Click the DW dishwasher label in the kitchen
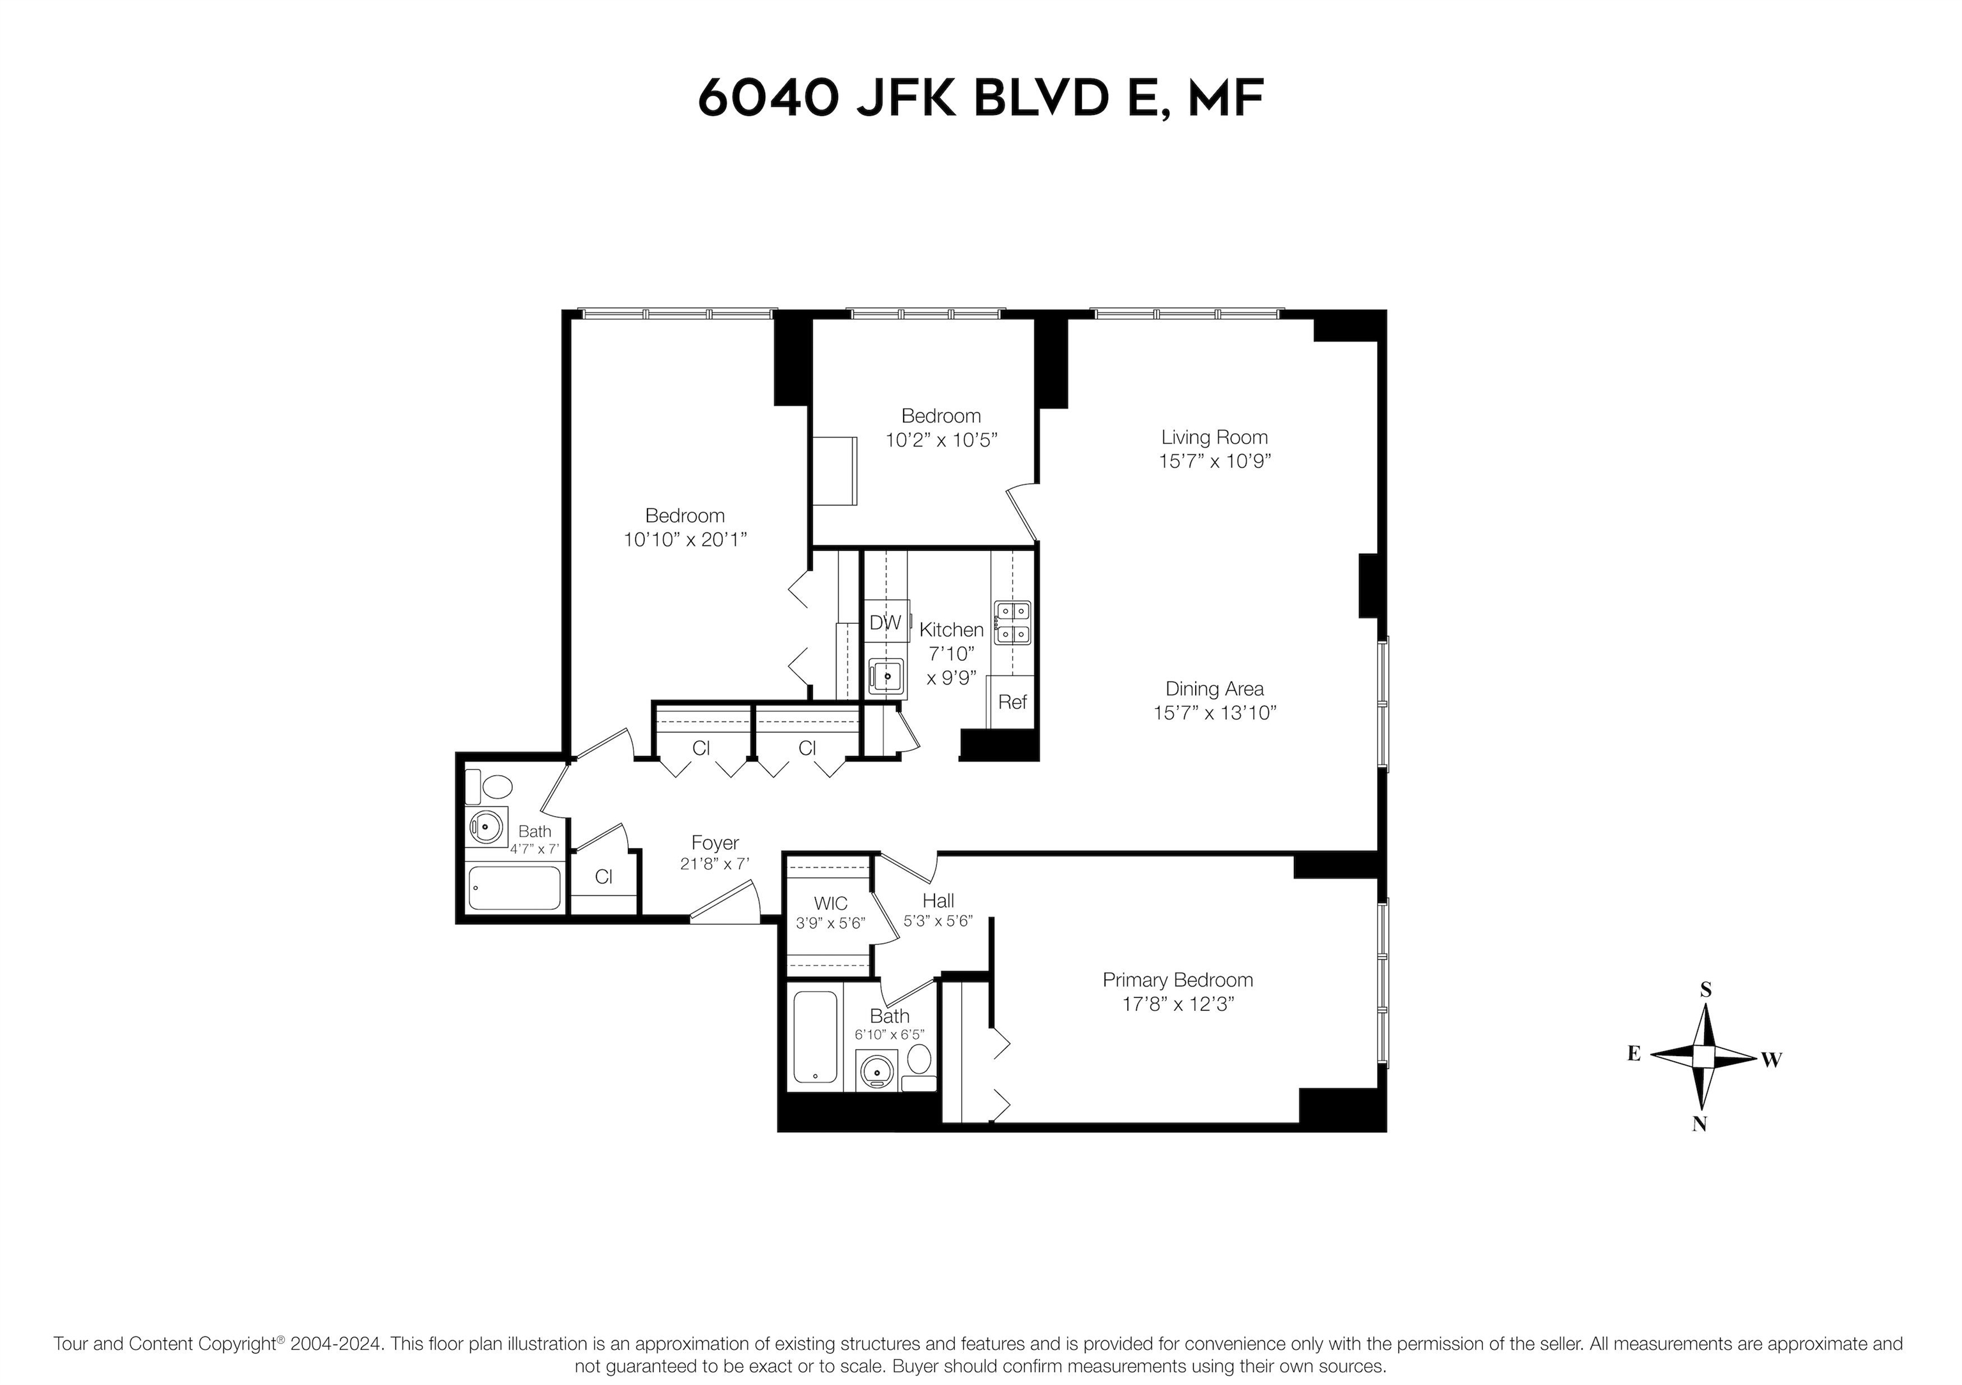coord(885,623)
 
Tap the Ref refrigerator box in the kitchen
coord(1013,702)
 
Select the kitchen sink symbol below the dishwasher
coord(886,677)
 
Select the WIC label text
coord(831,903)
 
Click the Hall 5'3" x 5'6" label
coord(938,911)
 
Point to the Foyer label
coord(715,844)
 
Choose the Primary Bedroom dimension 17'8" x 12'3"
coord(1178,1004)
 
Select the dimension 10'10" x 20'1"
coord(685,540)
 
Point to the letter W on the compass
coord(1772,1059)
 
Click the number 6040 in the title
coord(766,98)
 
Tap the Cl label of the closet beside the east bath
coord(604,877)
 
